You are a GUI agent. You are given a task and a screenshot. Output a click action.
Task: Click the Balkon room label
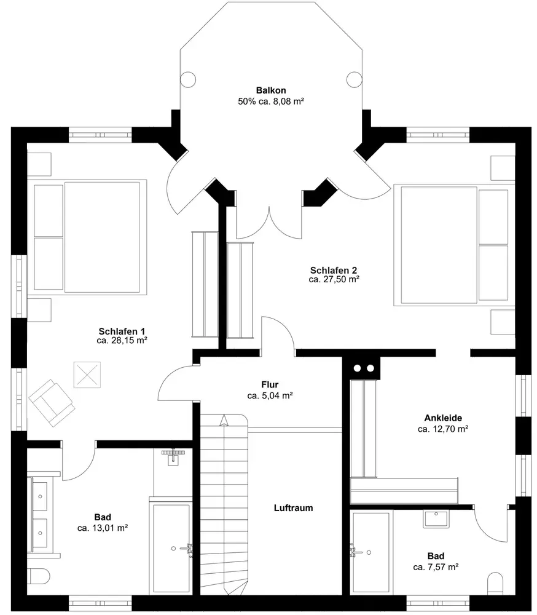coord(271,90)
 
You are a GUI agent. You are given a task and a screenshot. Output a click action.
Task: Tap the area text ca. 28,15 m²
coord(122,341)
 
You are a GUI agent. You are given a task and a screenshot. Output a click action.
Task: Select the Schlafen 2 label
coord(334,270)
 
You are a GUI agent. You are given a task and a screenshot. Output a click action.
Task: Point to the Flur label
coord(270,384)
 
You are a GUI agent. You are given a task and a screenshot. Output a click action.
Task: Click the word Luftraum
coord(293,508)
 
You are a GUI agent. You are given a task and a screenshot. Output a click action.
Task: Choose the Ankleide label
coord(443,418)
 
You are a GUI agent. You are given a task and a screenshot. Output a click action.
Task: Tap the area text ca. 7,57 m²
coord(436,567)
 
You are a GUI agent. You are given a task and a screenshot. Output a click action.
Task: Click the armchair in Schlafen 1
coord(52,403)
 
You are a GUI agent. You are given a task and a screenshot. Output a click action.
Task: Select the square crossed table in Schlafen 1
coord(87,375)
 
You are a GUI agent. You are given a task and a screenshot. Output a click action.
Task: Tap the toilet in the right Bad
coord(496,584)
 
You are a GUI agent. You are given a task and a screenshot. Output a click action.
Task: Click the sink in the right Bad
coord(436,519)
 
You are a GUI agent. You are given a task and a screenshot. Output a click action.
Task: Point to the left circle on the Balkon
coord(188,79)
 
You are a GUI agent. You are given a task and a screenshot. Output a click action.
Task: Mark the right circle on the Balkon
coord(354,79)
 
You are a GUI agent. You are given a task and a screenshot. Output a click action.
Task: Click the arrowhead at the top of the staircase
coord(224,420)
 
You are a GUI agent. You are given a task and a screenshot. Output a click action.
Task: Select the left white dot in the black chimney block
coord(357,368)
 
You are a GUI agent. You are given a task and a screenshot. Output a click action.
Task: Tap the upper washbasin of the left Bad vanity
coord(40,496)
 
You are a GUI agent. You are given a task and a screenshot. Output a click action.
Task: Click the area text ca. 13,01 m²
coord(103,528)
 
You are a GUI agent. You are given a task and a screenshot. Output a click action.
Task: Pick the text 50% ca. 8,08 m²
coord(271,101)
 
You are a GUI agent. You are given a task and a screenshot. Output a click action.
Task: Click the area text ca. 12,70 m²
coord(443,429)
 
